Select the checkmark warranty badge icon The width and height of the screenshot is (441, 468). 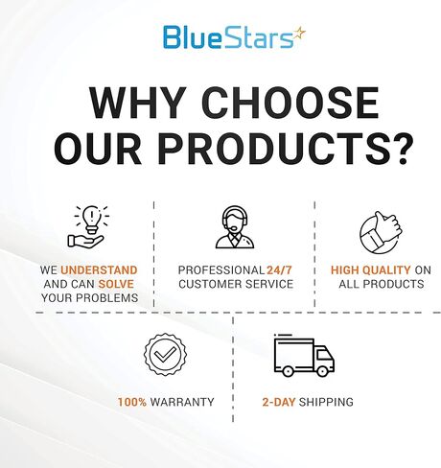[165, 354]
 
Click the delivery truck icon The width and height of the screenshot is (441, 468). [304, 356]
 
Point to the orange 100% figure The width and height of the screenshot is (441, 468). [132, 401]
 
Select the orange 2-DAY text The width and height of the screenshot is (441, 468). [281, 401]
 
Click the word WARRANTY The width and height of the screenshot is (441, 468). [181, 401]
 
